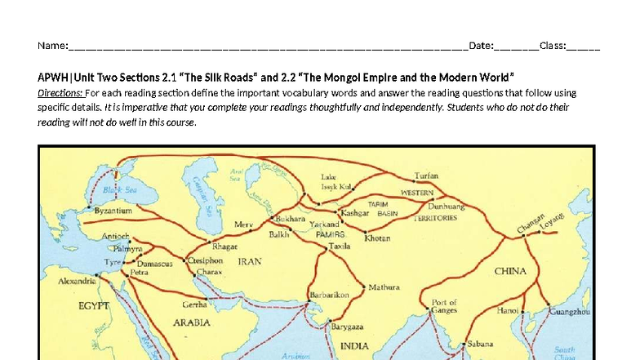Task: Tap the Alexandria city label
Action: (x=78, y=279)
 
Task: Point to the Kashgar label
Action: (x=355, y=212)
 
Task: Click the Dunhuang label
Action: (x=446, y=207)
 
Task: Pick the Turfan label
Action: (x=426, y=176)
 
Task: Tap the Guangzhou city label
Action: (x=571, y=312)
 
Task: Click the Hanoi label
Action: (x=508, y=310)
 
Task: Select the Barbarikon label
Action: (x=330, y=295)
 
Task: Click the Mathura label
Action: (x=384, y=287)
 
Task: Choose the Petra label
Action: (x=139, y=273)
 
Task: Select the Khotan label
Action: (x=376, y=238)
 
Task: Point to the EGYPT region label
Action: (x=93, y=306)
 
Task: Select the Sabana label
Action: (x=481, y=344)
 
